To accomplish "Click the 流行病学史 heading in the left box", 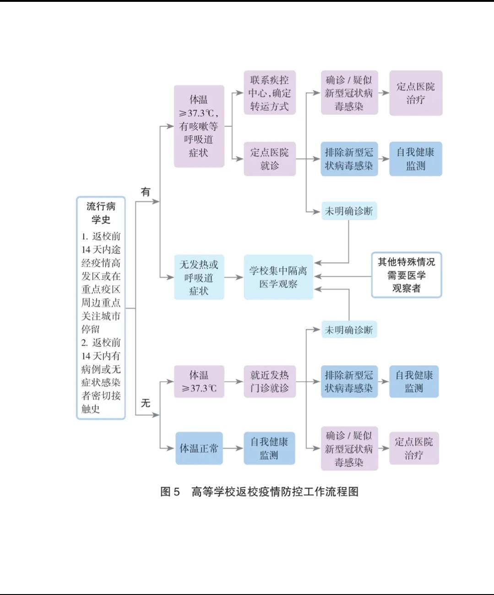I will click(101, 213).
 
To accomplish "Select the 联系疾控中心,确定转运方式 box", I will click(269, 93).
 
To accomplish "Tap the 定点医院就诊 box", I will click(269, 159).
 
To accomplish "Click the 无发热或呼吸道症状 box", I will click(199, 277).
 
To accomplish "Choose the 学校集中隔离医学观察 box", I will click(278, 277).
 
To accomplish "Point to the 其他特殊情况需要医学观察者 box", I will click(406, 275).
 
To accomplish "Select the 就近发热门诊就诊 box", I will click(269, 381).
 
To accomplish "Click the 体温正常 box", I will click(199, 448).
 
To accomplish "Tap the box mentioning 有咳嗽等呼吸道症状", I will click(199, 126).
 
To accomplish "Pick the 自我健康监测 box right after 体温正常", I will click(269, 448).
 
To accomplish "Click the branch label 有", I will click(146, 192).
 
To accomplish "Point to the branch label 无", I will click(146, 403).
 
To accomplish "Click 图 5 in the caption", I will click(170, 492).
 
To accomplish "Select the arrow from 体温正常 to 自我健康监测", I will click(233, 448).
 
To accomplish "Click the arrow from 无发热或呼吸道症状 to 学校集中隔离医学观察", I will click(234, 277).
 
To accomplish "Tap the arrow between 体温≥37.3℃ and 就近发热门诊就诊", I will click(234, 381).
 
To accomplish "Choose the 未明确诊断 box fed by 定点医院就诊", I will click(349, 211).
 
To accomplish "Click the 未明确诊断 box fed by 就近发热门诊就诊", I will click(349, 330).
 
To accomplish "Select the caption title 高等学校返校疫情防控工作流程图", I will click(275, 492).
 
